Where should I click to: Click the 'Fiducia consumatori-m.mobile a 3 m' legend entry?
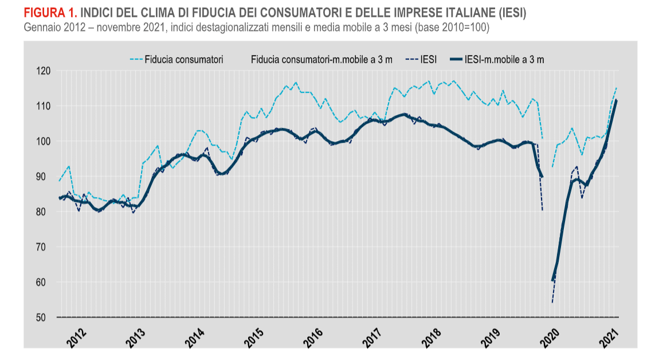pos(321,59)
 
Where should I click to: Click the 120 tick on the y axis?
pos(44,71)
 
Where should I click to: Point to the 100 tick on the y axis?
pos(44,142)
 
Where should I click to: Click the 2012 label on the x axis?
pos(77,337)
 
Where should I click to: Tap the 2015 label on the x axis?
pos(254,337)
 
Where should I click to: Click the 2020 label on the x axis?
pos(551,337)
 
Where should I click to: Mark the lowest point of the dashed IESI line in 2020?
pos(552,303)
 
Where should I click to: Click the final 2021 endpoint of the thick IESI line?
pos(616,100)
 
